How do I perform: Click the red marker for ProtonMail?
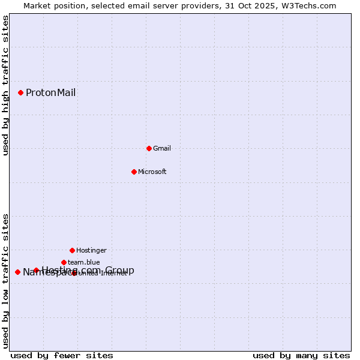pos(20,92)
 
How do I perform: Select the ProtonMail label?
pos(50,92)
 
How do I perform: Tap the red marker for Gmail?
pos(149,148)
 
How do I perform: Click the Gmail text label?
pos(162,148)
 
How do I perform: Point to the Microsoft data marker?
pos(134,172)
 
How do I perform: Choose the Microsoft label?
pos(152,172)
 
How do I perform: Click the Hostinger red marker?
pos(72,250)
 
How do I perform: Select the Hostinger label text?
pos(91,250)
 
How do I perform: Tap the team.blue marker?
pos(64,262)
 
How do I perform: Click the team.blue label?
pos(83,262)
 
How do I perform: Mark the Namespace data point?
pos(17,272)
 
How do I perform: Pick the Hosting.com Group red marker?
pos(36,270)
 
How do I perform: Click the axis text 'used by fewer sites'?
pos(62,355)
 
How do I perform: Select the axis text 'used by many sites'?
pos(301,355)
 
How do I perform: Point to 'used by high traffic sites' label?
pos(5,85)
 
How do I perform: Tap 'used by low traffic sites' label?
pos(5,281)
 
